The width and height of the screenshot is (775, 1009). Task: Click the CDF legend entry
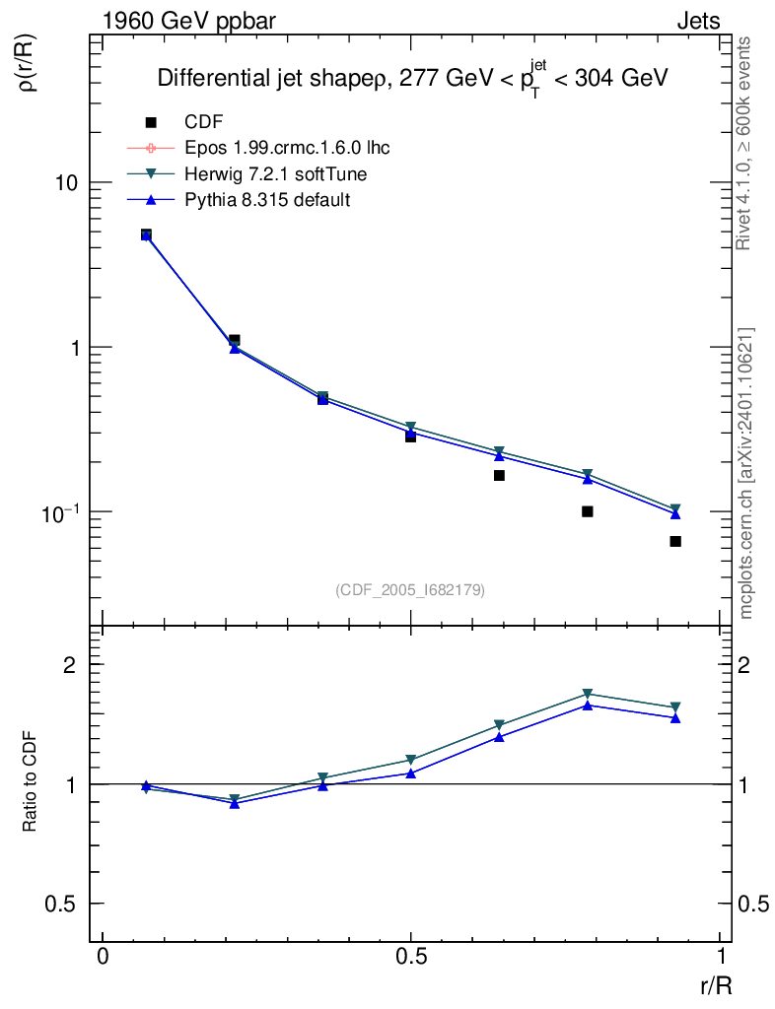(x=203, y=122)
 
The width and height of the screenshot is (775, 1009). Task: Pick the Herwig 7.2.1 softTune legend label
(x=269, y=173)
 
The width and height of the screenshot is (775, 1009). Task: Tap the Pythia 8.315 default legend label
(x=267, y=199)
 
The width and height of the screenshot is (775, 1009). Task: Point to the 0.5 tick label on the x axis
(x=411, y=956)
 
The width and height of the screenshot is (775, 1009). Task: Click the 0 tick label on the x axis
(x=103, y=956)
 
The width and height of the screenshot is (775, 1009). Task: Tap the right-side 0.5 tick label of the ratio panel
(x=754, y=904)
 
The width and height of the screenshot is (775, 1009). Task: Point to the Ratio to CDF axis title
(x=30, y=784)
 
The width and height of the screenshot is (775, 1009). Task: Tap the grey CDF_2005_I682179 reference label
(x=410, y=589)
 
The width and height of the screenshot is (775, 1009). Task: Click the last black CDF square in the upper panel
(x=675, y=541)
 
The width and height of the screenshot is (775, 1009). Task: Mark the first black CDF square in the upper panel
(x=146, y=235)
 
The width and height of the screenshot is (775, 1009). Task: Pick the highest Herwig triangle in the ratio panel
(x=588, y=694)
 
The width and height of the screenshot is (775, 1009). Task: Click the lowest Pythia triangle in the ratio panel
(x=235, y=804)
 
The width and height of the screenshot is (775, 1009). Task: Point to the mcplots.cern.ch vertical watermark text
(x=746, y=473)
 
